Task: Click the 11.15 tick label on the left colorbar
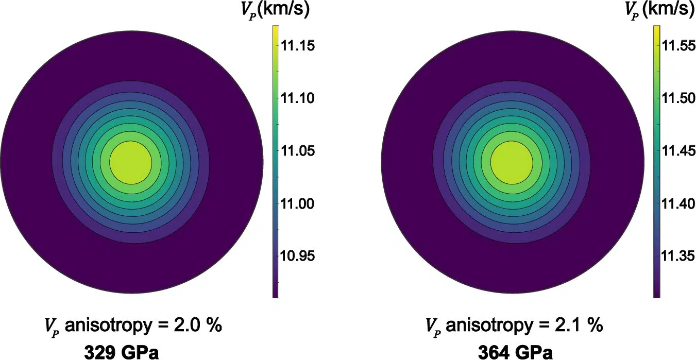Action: point(298,46)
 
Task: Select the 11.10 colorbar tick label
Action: point(298,98)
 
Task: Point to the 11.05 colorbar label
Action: point(298,151)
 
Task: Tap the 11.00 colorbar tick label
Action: point(298,204)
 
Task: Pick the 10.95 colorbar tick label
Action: point(297,256)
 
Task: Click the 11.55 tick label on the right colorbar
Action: point(678,46)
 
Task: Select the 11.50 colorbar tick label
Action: point(678,98)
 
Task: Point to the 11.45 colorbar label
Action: point(678,151)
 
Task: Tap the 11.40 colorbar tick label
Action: point(678,204)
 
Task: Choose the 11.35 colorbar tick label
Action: point(678,256)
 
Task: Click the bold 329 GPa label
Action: point(122,352)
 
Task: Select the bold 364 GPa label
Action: point(516,352)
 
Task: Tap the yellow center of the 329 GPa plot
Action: point(130,162)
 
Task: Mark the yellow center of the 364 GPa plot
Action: point(512,162)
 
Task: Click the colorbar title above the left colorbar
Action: point(275,10)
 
